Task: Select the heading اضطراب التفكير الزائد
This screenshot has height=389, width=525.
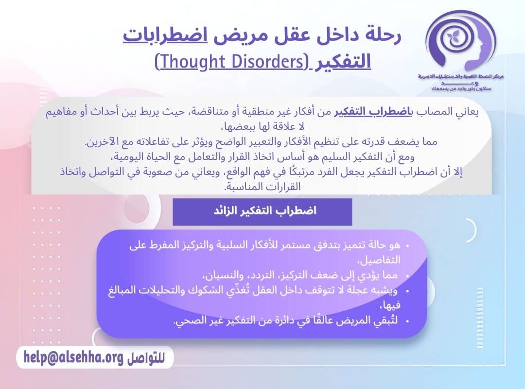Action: pos(262,212)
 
